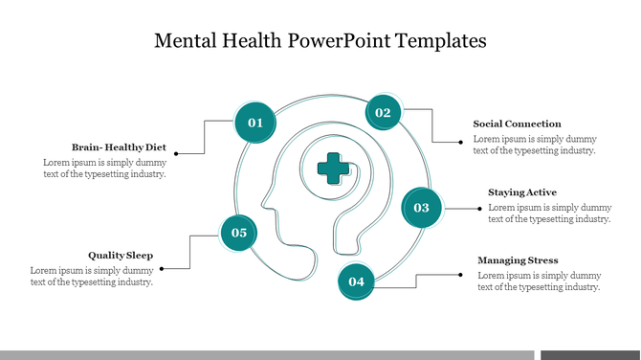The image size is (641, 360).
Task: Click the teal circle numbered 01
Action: (255, 123)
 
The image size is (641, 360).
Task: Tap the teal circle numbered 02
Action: (383, 113)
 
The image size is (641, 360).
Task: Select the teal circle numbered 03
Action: (421, 207)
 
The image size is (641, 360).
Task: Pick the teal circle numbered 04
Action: (356, 281)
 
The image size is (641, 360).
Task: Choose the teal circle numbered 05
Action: (239, 233)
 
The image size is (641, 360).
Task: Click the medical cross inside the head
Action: (333, 168)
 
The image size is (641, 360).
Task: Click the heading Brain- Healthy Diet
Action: (119, 147)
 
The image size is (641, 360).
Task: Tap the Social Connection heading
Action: (517, 124)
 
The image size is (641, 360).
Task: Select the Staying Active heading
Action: (521, 192)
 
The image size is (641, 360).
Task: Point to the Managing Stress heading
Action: (518, 260)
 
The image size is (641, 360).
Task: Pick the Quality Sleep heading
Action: (121, 256)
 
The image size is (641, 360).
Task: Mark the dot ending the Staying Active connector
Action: (479, 208)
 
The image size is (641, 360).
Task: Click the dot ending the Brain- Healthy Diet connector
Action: (176, 152)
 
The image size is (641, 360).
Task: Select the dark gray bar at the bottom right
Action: (590, 355)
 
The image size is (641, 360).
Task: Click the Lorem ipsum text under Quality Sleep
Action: (92, 276)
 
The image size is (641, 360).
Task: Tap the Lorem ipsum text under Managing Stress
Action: (539, 281)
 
